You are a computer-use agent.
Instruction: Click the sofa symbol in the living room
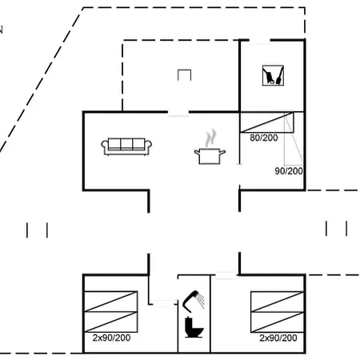(x=126, y=146)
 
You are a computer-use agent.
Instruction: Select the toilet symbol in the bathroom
(x=194, y=327)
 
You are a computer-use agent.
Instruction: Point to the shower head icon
(x=193, y=302)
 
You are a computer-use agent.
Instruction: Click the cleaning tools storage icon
(x=273, y=75)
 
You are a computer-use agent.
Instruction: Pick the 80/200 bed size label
(x=264, y=138)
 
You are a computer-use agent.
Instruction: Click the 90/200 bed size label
(x=289, y=171)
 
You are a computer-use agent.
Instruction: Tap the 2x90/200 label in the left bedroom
(x=111, y=338)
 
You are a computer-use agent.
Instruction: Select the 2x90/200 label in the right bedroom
(x=278, y=338)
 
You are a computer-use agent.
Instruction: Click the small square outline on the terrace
(x=184, y=70)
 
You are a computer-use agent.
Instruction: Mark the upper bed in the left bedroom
(x=110, y=302)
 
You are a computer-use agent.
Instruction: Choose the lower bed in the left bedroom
(x=110, y=322)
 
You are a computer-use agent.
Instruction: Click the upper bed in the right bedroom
(x=277, y=302)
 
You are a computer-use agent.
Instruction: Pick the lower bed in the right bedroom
(x=277, y=322)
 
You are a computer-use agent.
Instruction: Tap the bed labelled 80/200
(x=266, y=122)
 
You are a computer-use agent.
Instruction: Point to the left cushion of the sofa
(x=114, y=143)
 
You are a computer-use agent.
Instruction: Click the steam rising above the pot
(x=210, y=138)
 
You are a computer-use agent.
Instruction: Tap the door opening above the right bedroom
(x=226, y=275)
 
